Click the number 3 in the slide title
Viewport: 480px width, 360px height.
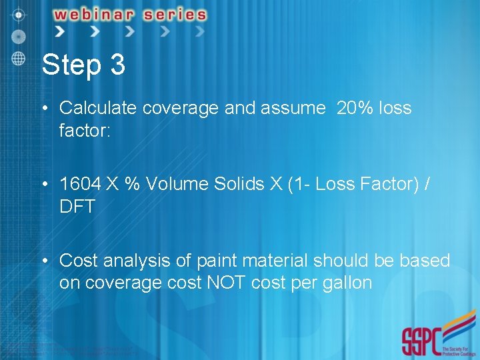tap(116, 65)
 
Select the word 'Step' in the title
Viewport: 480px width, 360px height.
tap(69, 66)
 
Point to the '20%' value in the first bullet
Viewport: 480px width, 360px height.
tap(355, 108)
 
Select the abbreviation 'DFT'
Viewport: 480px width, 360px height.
tap(77, 207)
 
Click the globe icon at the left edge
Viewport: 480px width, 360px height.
tap(18, 57)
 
